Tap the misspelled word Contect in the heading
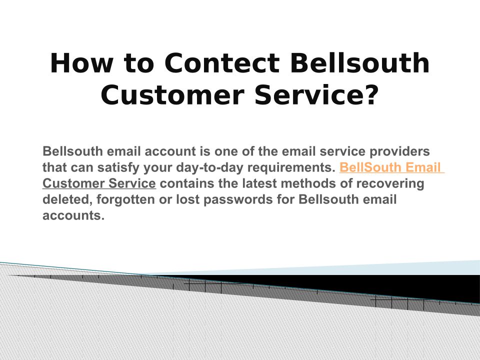coord(222,63)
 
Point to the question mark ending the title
coord(371,95)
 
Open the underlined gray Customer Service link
coord(99,183)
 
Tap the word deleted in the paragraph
coord(67,199)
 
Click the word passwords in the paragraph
coord(238,199)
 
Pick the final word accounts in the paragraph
coord(73,215)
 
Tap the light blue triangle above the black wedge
coord(352,269)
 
